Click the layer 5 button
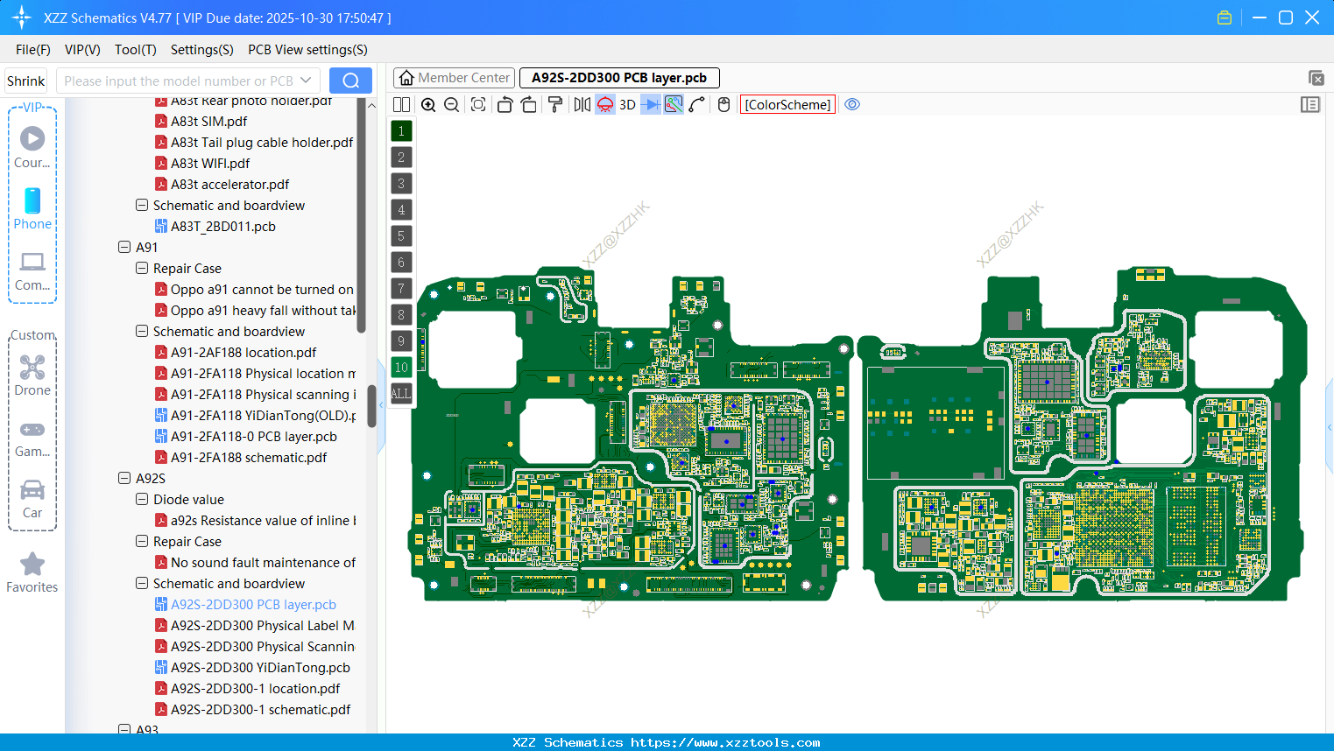[x=401, y=235]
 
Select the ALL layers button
[x=401, y=393]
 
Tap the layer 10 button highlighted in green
[x=401, y=367]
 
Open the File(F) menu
[x=33, y=50]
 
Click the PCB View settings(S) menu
[x=307, y=50]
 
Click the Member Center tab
[x=454, y=78]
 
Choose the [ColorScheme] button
[x=787, y=104]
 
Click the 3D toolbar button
[x=627, y=104]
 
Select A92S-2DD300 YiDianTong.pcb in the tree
[x=260, y=667]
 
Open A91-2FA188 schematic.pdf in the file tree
[x=249, y=457]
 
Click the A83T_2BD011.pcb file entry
[x=222, y=226]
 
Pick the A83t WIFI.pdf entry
[x=210, y=163]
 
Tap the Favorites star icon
[x=32, y=565]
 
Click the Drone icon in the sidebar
[x=32, y=368]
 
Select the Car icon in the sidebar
[x=32, y=491]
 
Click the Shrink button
[x=26, y=81]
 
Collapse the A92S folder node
[x=124, y=478]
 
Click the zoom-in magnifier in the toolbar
[x=428, y=104]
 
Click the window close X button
[x=1312, y=18]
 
